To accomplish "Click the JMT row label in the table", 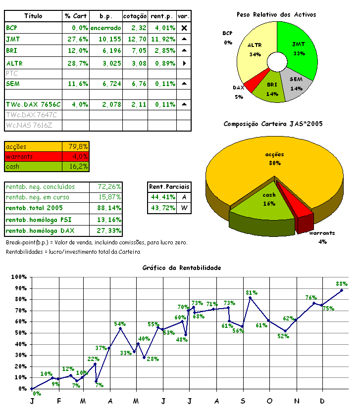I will (13, 39).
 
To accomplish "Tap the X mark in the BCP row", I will (184, 28).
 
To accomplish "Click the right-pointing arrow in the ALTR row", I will (184, 64).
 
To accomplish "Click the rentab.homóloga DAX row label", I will (37, 231).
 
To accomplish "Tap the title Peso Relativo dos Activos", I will (276, 15).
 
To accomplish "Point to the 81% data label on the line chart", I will (252, 292).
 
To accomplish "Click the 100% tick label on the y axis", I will (19, 277).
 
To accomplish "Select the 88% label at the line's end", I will (342, 284).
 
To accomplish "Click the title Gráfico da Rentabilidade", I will (182, 268).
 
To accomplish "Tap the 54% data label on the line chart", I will (120, 324).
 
